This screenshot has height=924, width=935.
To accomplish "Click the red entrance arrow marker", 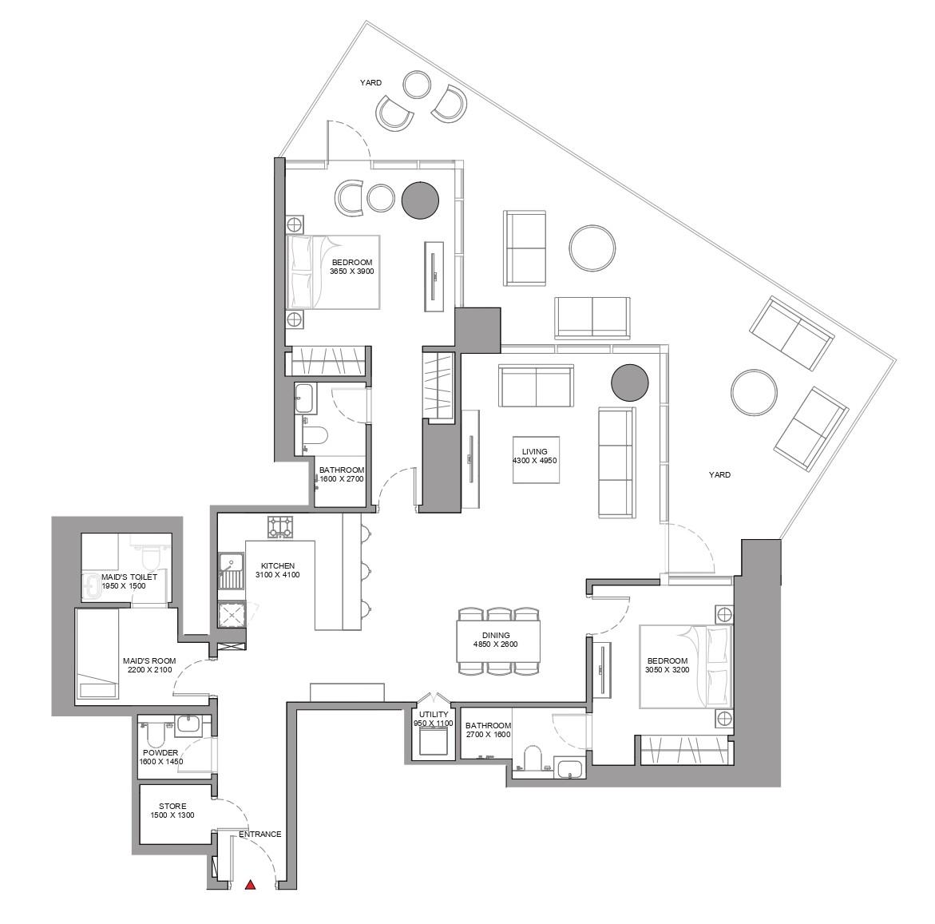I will pos(251,884).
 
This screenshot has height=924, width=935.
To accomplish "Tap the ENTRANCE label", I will pos(260,835).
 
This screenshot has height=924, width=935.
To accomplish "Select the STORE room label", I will pos(172,807).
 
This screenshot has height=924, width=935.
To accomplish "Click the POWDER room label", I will pos(160,752).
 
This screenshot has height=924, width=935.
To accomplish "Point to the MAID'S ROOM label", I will pos(149,661).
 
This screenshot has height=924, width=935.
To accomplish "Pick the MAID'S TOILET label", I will pos(129,577).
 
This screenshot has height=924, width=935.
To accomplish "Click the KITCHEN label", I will pos(277,565).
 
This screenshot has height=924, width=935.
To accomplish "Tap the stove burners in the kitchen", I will pos(280,526).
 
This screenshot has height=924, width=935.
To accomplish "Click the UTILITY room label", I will pos(433,714).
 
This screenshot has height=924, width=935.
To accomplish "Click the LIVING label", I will pos(534,452).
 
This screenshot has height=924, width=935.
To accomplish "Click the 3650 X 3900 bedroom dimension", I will pos(351,272).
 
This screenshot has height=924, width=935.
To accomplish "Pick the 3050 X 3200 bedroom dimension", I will pos(667,671).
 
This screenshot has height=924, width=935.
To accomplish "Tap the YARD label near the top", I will pos(370,82).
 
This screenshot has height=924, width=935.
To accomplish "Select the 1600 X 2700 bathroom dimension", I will pos(341,479).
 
